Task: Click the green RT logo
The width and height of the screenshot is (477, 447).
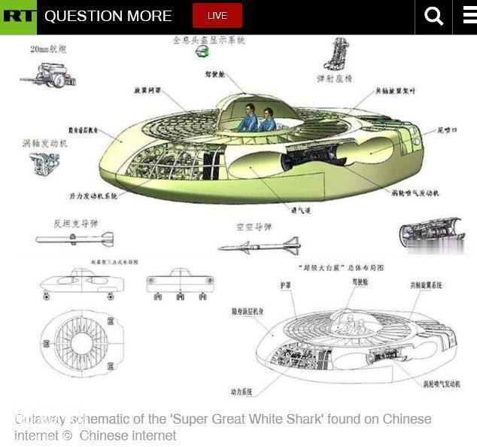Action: pos(18,17)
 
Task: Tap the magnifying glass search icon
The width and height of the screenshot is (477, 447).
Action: pos(434,17)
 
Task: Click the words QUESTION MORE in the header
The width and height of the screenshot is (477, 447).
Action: pos(108,16)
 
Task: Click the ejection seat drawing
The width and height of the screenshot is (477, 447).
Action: pos(335,54)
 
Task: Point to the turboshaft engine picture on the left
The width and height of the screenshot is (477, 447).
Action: pos(44,163)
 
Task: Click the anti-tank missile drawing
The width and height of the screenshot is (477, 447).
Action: pos(74,239)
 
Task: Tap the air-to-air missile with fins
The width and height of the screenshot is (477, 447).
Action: pos(260,245)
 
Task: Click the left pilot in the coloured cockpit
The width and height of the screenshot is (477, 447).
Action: pos(248,118)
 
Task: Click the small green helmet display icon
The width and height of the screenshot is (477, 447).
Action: pos(202,52)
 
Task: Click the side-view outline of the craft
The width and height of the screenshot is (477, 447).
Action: pos(81,284)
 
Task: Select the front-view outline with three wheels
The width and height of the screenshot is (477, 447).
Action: pos(180,284)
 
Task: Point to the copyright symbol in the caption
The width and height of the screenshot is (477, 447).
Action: pos(68,436)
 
